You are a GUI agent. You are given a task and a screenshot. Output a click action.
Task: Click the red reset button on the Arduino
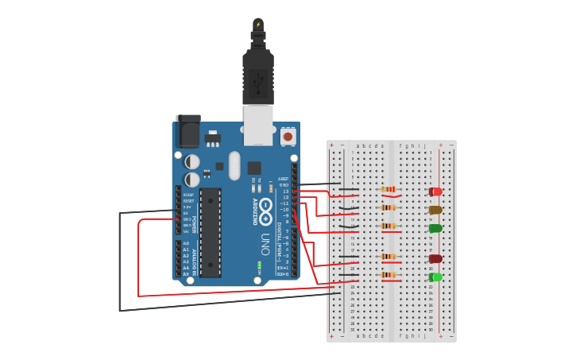coord(288,137)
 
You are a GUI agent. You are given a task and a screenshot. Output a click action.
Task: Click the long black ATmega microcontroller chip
coord(210,232)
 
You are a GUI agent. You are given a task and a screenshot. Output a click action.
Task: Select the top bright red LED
coord(435,192)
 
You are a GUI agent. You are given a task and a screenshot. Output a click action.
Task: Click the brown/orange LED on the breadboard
coord(435,211)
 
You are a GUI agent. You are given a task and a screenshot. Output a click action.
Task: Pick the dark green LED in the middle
coord(435,228)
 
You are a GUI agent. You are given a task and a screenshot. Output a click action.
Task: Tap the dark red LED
coord(435,258)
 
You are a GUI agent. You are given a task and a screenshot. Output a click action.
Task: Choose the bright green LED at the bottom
coord(435,277)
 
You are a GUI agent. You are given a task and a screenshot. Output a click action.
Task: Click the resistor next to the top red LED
coord(389,189)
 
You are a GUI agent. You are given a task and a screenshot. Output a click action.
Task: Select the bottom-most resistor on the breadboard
coord(389,275)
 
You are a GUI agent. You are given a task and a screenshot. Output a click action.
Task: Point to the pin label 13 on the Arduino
coord(286,192)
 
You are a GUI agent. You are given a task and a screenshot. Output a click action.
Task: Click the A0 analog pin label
coord(186,243)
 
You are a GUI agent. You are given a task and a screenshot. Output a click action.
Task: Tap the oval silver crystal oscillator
coord(234,166)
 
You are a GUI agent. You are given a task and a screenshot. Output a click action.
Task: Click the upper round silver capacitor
coord(192,161)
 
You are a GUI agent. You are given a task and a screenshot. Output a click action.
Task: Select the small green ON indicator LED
coord(259,263)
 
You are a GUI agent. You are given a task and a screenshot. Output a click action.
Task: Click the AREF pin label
coord(284,180)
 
